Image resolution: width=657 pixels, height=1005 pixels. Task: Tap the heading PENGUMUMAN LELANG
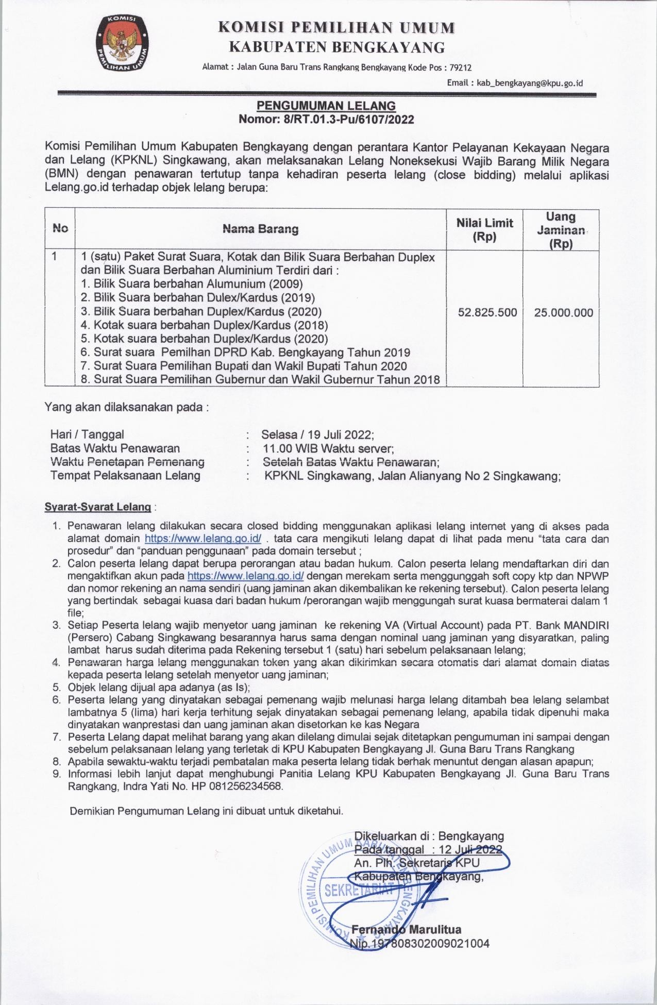point(326,106)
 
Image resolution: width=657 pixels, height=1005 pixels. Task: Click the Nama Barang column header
point(261,229)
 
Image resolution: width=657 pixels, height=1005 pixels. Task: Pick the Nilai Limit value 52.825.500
point(487,313)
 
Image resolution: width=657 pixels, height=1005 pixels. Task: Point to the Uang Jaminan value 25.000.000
point(564,313)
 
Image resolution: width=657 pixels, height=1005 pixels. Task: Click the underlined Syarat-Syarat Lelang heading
point(98,507)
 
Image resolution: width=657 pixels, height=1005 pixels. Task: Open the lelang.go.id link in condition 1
point(203,539)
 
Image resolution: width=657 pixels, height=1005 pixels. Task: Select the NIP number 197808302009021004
point(430,944)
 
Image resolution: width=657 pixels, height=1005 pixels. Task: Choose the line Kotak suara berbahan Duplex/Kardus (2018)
point(204,325)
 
